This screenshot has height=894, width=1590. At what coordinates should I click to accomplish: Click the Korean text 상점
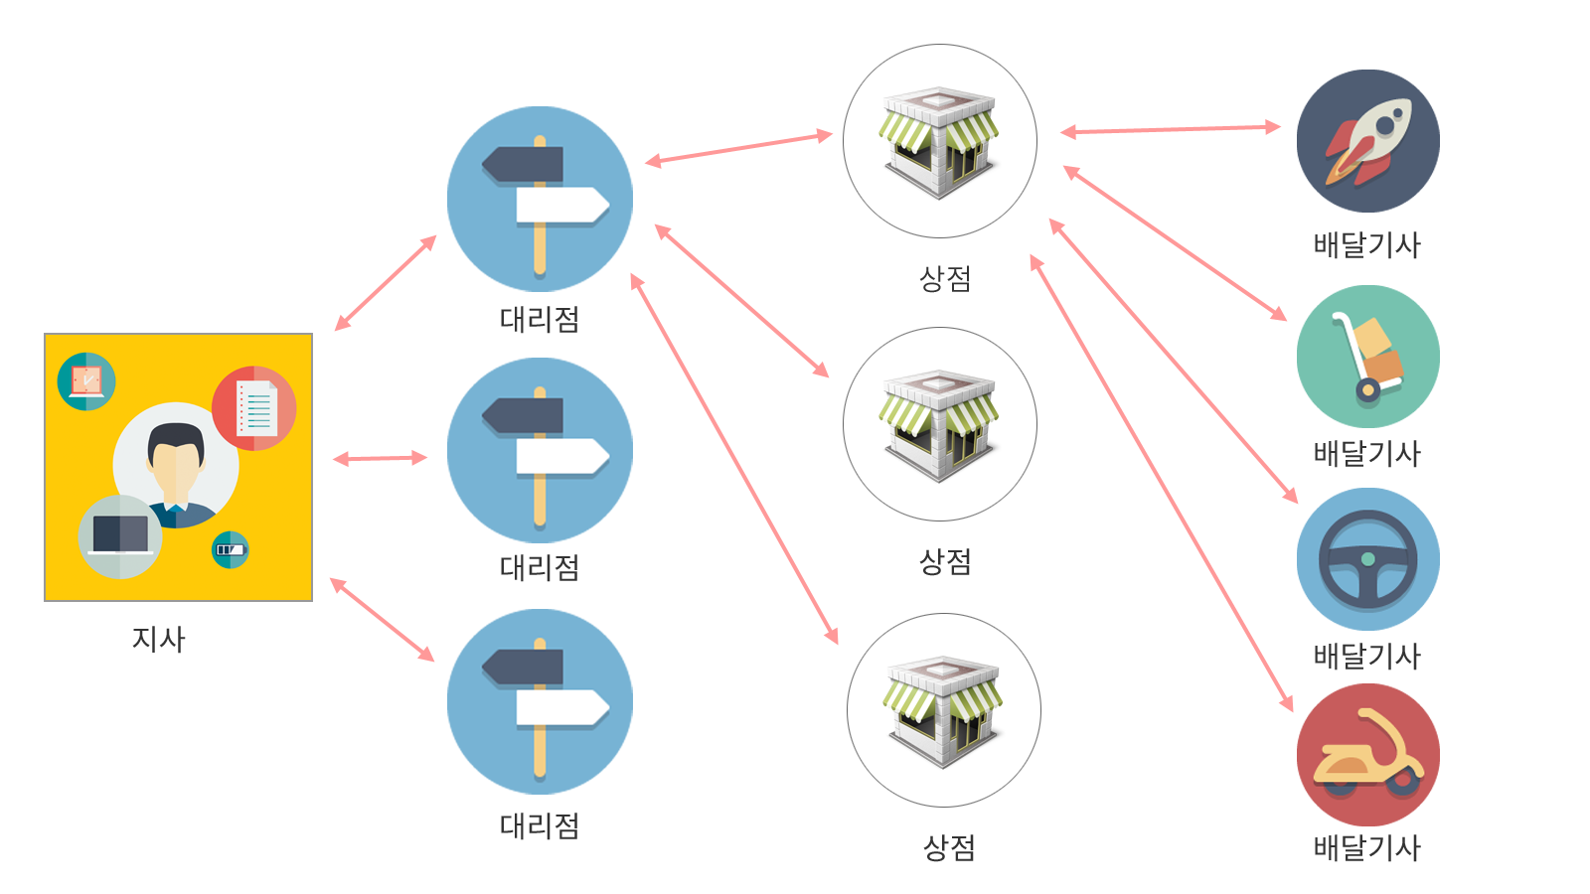click(944, 278)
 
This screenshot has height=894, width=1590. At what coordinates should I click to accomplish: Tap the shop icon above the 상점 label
click(939, 141)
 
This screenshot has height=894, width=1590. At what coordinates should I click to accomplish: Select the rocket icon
click(1367, 141)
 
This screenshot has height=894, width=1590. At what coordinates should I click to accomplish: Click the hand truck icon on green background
click(1368, 357)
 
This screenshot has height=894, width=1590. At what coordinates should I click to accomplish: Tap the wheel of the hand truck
click(1367, 390)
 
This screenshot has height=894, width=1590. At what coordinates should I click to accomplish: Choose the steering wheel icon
click(1368, 559)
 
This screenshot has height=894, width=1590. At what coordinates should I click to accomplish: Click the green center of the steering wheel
click(1368, 559)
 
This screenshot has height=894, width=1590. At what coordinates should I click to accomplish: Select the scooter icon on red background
click(1367, 755)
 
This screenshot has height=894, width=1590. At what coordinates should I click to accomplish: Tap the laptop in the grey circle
click(120, 535)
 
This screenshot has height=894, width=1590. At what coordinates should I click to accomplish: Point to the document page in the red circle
click(256, 407)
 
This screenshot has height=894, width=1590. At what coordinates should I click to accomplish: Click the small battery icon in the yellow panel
click(230, 549)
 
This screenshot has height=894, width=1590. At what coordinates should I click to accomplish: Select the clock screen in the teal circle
click(86, 380)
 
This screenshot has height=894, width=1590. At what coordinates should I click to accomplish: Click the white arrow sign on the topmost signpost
click(561, 205)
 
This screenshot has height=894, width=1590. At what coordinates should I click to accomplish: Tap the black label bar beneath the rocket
click(1367, 245)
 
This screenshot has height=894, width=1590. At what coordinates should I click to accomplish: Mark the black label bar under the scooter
click(1367, 848)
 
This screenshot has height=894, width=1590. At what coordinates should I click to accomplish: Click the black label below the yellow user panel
click(159, 640)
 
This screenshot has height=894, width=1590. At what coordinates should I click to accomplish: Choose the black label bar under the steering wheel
click(1367, 657)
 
